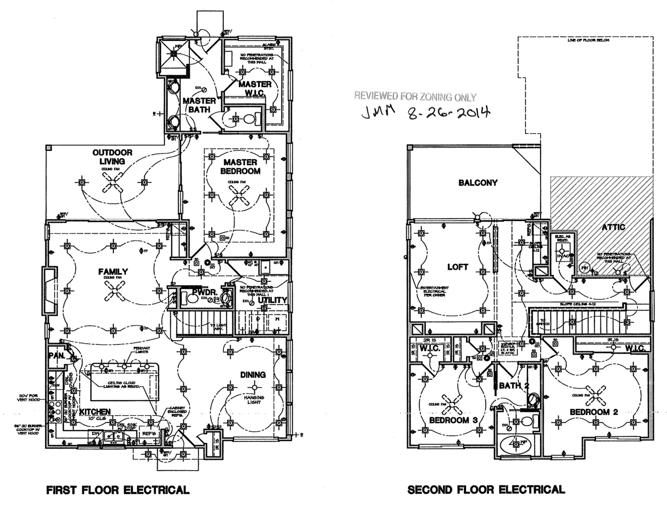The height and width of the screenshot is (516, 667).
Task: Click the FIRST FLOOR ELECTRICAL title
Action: (118, 490)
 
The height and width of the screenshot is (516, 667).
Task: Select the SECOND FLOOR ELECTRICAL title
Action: (486, 490)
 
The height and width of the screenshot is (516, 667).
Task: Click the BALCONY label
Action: (478, 183)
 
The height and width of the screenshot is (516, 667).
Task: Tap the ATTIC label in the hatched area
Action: (613, 227)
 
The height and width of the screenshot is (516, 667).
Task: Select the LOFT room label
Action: (458, 267)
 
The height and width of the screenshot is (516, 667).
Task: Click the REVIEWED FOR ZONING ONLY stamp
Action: (415, 97)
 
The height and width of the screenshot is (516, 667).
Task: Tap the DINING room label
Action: (253, 375)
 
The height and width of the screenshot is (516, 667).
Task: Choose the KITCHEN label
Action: (95, 412)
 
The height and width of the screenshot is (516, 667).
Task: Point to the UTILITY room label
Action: (272, 300)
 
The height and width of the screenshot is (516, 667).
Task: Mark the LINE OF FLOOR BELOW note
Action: (582, 41)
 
